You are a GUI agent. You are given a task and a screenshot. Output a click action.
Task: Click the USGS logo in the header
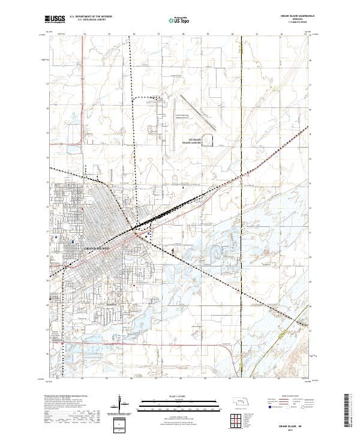click(55, 19)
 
